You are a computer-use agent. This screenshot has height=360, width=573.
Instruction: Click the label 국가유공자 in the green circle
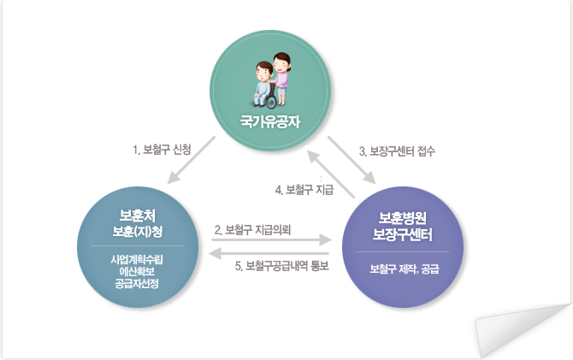point(270,121)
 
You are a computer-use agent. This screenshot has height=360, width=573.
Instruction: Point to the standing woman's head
point(281,62)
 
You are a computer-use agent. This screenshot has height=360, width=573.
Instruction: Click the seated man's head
point(263,71)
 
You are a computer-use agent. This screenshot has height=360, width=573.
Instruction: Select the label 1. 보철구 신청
point(162,150)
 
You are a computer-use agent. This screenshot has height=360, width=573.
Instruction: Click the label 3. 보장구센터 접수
point(397,151)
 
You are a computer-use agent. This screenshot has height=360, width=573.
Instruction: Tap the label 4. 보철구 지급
point(304,190)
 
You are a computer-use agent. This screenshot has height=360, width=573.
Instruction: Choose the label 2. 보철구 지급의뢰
point(252,230)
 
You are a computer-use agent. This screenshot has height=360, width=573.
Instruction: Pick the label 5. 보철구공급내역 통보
point(281,266)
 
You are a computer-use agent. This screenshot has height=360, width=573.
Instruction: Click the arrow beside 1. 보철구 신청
point(192,160)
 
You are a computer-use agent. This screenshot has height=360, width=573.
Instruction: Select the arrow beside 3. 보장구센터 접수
point(351,160)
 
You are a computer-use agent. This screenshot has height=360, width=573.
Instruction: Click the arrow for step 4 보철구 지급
point(331,174)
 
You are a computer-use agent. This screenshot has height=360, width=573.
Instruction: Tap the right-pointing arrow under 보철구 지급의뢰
point(271,240)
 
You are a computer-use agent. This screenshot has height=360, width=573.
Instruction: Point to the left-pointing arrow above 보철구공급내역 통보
point(269,253)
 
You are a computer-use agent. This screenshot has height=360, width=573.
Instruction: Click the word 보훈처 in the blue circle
point(138,215)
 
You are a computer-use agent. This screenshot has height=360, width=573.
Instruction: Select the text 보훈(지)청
point(138,232)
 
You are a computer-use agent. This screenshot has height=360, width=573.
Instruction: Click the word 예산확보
point(137,272)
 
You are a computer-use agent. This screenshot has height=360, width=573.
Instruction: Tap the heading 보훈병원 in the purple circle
point(402,218)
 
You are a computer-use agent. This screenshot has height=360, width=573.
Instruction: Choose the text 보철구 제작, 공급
point(405,269)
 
